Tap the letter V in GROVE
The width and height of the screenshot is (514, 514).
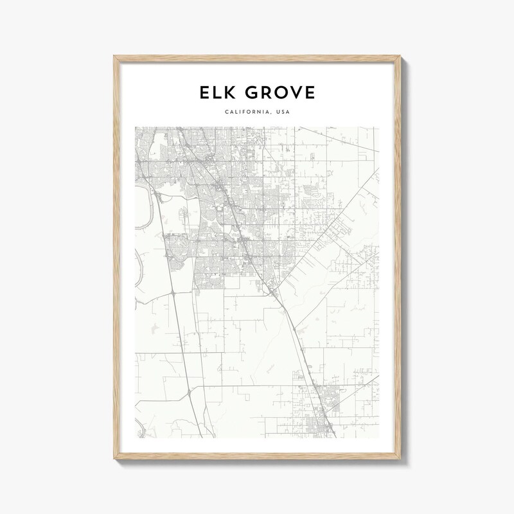point(296,94)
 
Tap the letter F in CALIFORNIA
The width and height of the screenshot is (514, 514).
point(245,114)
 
